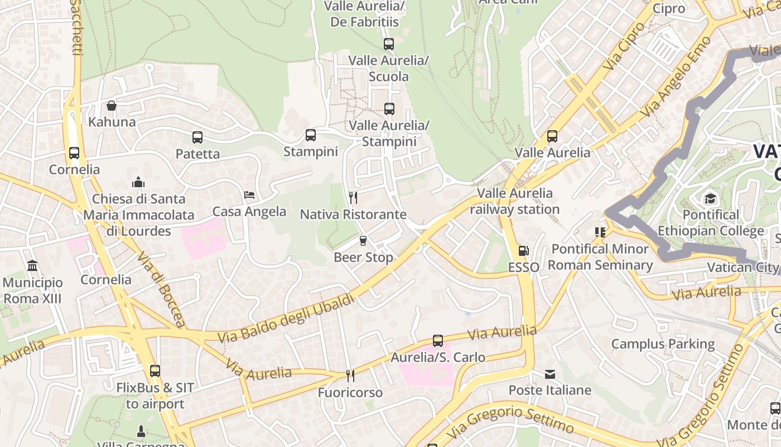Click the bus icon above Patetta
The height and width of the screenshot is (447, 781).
pos(197,137)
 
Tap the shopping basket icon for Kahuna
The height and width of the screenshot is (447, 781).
pos(112,106)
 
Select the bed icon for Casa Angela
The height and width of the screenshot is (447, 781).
pos(249,195)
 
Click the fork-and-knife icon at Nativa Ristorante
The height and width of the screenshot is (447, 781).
pos(353,198)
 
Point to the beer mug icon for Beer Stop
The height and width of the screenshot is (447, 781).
pos(363,241)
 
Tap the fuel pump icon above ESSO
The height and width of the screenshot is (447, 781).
pos(523,251)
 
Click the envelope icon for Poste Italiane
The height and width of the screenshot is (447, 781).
pos(550,374)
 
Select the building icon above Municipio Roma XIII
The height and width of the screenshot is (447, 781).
pos(32,266)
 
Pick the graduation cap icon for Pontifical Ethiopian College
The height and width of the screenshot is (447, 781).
pos(710,198)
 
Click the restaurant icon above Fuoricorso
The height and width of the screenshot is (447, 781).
pos(350,376)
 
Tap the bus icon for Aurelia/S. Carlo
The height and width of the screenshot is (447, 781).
pos(438,341)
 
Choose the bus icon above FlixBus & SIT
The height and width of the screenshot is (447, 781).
pos(155,371)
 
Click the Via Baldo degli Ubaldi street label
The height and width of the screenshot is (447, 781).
pos(286,318)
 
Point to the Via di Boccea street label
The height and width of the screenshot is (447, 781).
pos(161,289)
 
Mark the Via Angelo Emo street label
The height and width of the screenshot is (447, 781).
pos(676,77)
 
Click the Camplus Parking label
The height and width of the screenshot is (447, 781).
pos(663,344)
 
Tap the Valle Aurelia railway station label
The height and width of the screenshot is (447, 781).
pos(514,201)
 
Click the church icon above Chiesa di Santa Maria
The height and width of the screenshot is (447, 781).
pos(138,182)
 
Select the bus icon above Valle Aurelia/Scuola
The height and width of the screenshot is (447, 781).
pos(389,44)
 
